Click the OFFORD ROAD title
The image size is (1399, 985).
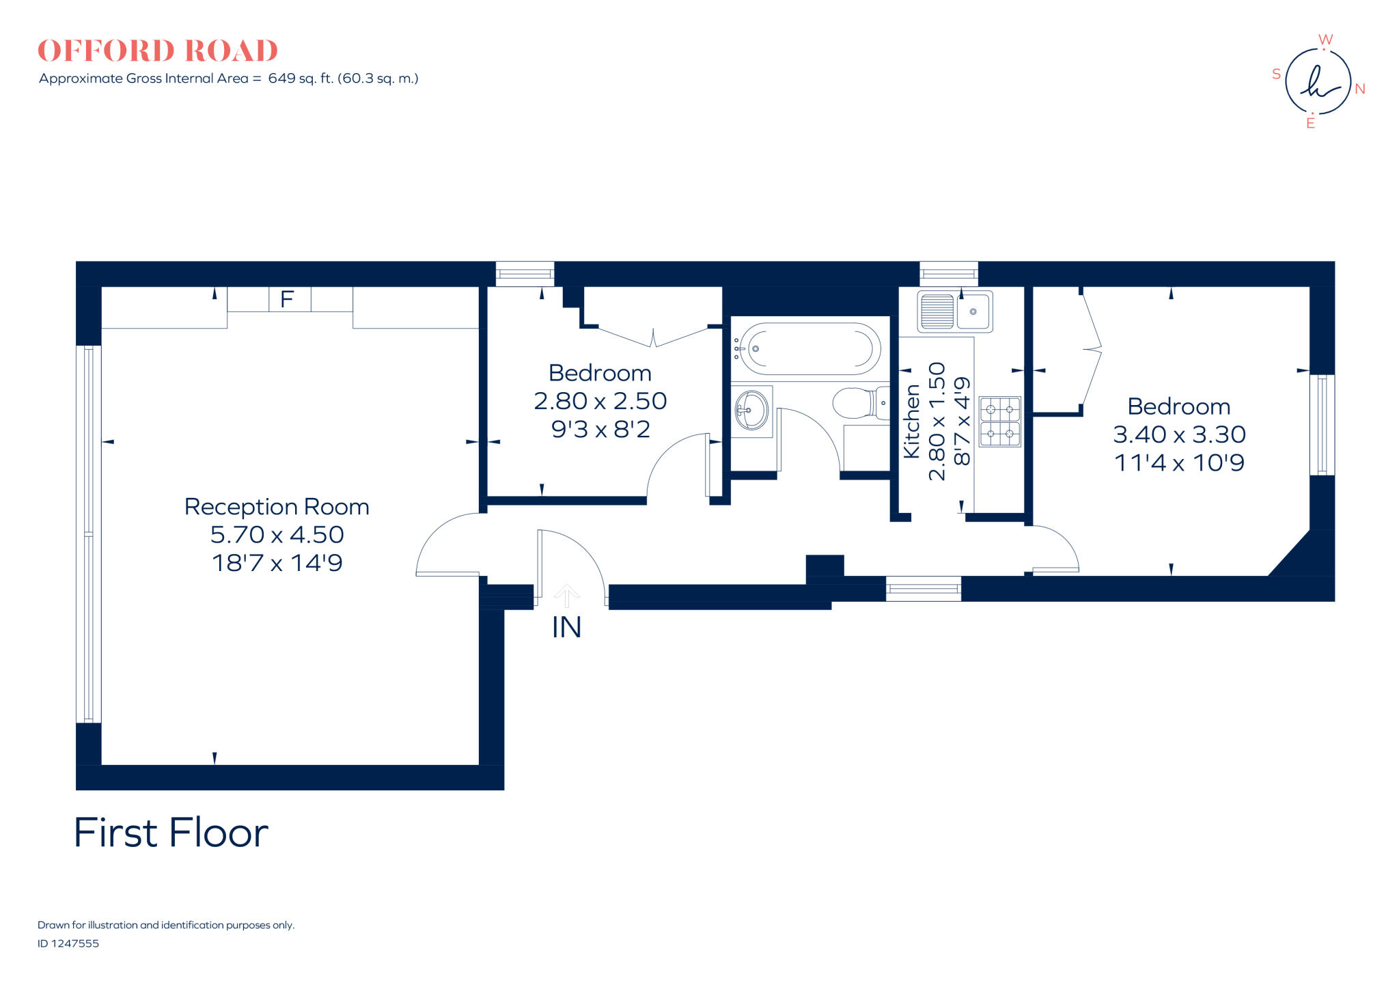pyautogui.click(x=158, y=51)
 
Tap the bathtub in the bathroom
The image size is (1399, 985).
pyautogui.click(x=809, y=348)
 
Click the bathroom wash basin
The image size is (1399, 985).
pyautogui.click(x=751, y=411)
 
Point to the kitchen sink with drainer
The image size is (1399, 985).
pyautogui.click(x=955, y=311)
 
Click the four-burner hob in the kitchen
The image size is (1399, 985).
pyautogui.click(x=1000, y=422)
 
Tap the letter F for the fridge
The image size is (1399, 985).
pyautogui.click(x=287, y=299)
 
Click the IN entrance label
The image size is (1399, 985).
pyautogui.click(x=566, y=628)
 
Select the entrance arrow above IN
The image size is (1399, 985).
pyautogui.click(x=566, y=596)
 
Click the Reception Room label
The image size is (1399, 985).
pyautogui.click(x=277, y=507)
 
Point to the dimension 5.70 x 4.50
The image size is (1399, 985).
pyautogui.click(x=277, y=535)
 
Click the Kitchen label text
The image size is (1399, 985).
pyautogui.click(x=912, y=421)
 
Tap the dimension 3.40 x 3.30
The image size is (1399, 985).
pyautogui.click(x=1179, y=434)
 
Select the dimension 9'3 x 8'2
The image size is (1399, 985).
pyautogui.click(x=600, y=430)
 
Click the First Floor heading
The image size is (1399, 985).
pyautogui.click(x=171, y=833)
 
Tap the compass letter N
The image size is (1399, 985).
pyautogui.click(x=1359, y=89)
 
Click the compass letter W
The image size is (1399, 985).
pyautogui.click(x=1325, y=40)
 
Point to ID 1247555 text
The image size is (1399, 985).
pyautogui.click(x=68, y=943)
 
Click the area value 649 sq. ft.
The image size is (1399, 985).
pyautogui.click(x=301, y=79)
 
